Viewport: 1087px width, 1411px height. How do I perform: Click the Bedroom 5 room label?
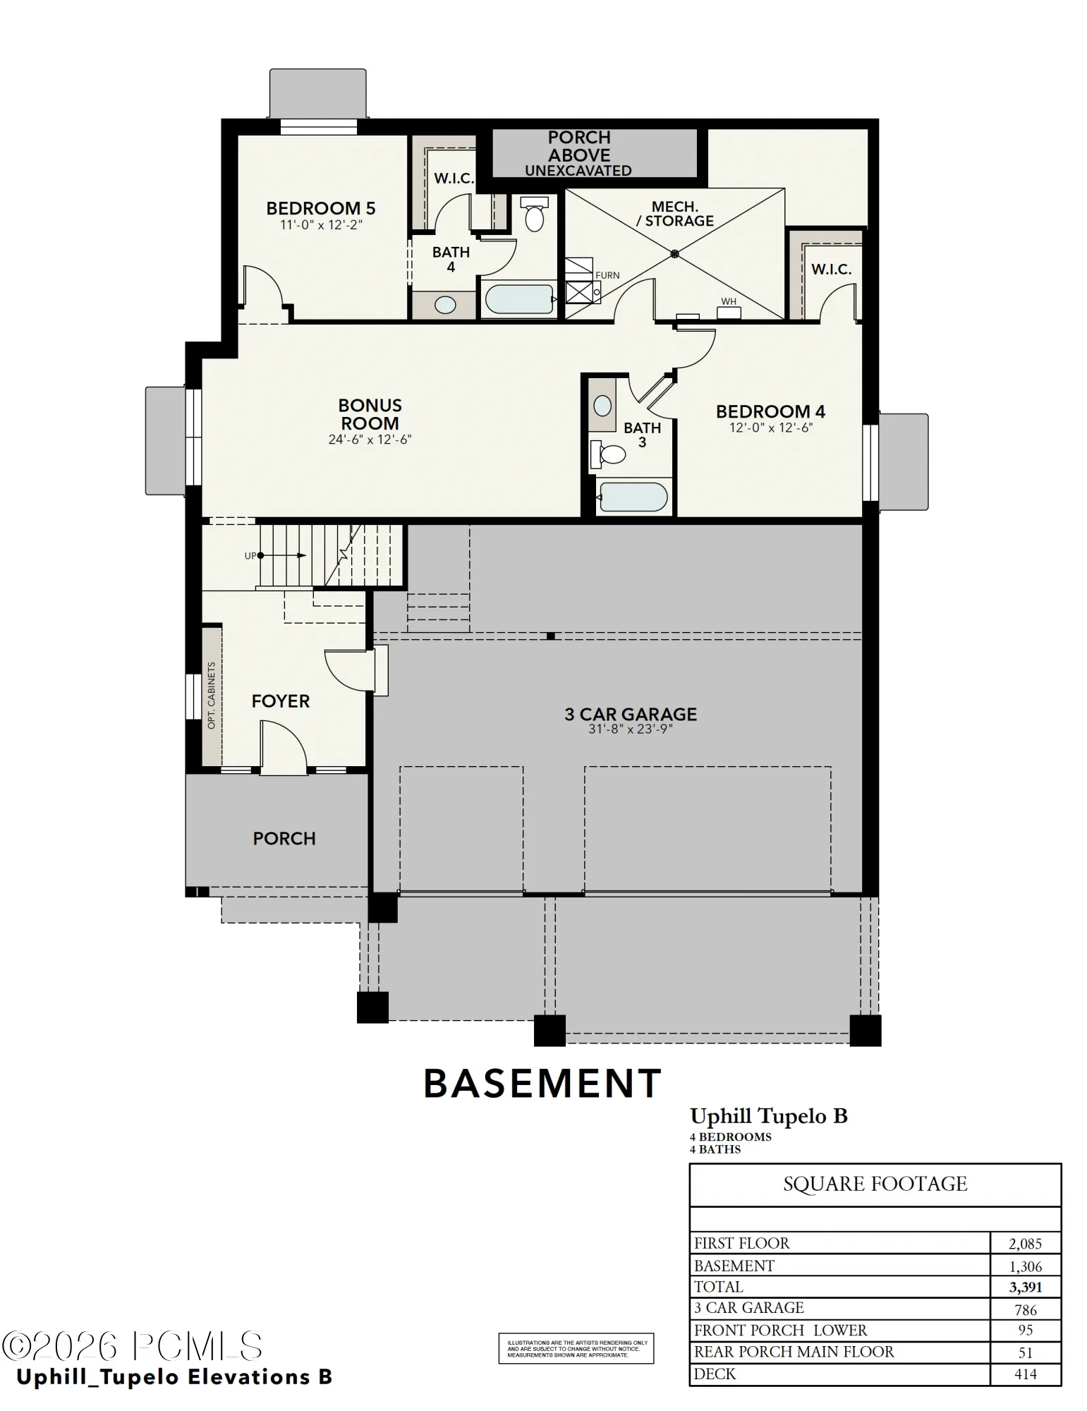(321, 208)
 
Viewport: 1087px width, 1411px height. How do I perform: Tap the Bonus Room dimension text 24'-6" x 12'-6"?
(370, 440)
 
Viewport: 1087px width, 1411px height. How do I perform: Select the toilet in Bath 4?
(534, 214)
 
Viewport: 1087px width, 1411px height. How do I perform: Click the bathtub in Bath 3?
(632, 497)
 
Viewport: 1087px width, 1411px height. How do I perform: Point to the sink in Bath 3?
(602, 405)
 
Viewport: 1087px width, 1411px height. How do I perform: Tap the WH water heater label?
(729, 301)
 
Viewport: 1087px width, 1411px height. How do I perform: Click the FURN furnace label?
(607, 275)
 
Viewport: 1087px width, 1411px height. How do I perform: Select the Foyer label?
(281, 701)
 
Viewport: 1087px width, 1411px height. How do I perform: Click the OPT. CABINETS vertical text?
(212, 696)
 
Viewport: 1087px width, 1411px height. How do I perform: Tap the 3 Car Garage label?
(631, 715)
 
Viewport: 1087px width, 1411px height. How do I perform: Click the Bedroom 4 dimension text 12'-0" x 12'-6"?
(771, 428)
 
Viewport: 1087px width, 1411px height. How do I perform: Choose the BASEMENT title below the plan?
(542, 1084)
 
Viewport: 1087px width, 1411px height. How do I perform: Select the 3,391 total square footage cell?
(1026, 1287)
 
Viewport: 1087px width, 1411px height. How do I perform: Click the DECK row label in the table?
(715, 1374)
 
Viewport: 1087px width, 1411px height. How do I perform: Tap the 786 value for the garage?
(1026, 1310)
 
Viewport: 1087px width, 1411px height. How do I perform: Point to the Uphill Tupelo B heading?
(769, 1116)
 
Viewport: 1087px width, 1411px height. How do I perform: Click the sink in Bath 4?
(445, 305)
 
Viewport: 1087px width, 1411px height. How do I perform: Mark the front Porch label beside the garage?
(284, 838)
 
